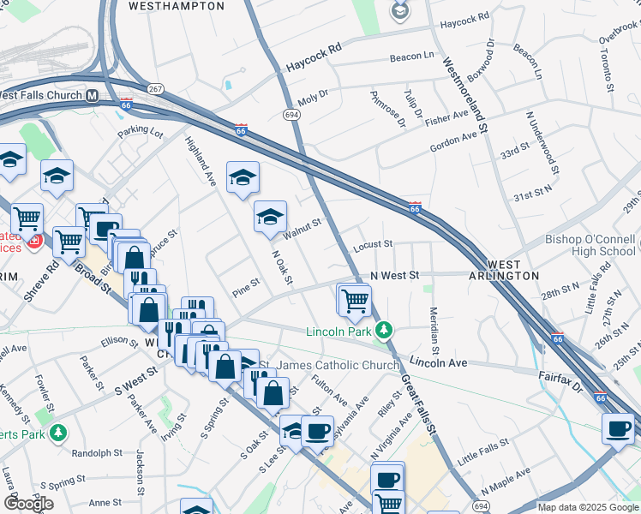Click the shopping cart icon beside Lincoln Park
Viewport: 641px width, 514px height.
click(354, 300)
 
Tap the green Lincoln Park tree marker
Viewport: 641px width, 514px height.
click(386, 330)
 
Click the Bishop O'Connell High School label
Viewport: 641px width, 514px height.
click(590, 245)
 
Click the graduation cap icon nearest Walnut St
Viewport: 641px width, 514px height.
click(270, 216)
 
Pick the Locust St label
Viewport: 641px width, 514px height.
click(372, 244)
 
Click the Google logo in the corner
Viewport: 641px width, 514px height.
click(28, 503)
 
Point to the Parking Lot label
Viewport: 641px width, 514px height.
click(141, 132)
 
